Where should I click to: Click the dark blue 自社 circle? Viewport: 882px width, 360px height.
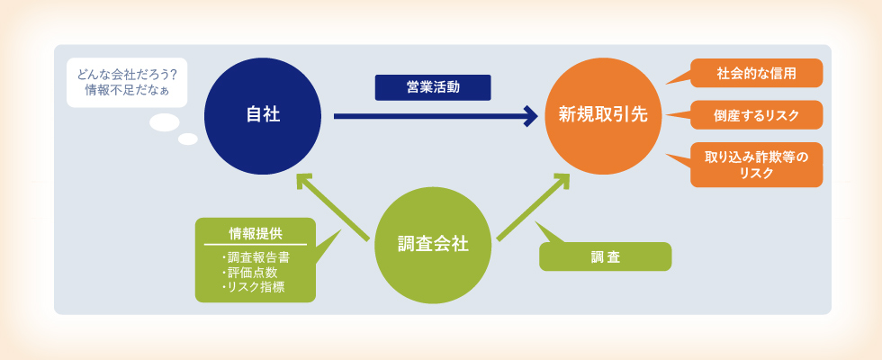click(x=263, y=116)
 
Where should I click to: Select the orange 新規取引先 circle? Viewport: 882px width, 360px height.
click(x=603, y=116)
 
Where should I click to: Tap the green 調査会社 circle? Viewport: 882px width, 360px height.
click(x=433, y=245)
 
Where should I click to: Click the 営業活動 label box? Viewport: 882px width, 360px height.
click(x=433, y=88)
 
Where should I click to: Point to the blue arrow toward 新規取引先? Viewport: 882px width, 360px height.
click(x=436, y=116)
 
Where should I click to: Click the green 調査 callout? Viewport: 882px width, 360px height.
click(x=605, y=256)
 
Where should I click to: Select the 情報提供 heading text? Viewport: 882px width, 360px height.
click(x=256, y=233)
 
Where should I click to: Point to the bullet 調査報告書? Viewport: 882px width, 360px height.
click(x=256, y=258)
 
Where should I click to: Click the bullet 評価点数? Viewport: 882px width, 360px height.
click(x=248, y=273)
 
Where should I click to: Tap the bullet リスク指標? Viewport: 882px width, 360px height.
click(x=252, y=287)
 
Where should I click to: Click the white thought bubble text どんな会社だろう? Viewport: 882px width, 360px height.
click(x=127, y=75)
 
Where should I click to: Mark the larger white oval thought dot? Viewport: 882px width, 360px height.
click(x=164, y=122)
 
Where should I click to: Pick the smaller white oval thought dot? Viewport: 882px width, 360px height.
click(x=188, y=139)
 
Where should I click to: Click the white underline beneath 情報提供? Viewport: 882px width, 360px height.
click(x=256, y=245)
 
